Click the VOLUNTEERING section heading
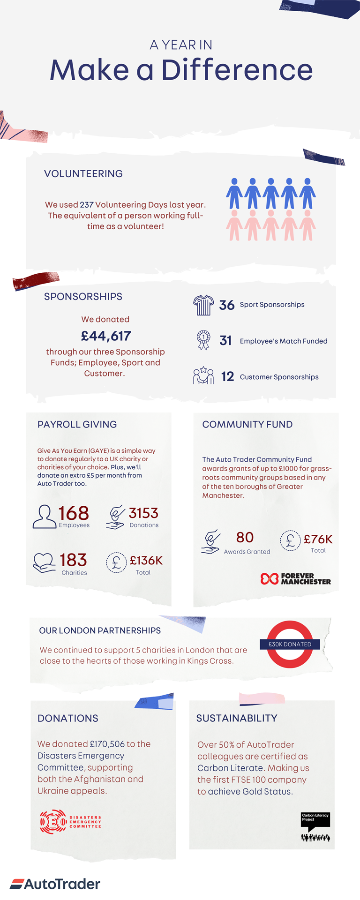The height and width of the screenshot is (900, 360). [83, 173]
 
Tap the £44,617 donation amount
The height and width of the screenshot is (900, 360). [106, 336]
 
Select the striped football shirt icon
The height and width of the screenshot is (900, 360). [203, 305]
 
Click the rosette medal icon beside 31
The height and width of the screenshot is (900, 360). [203, 340]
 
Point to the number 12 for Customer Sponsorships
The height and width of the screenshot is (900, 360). [227, 377]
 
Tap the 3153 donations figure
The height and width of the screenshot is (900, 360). [143, 513]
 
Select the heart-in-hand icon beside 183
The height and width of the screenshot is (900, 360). [44, 562]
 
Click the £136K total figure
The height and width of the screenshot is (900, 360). [146, 561]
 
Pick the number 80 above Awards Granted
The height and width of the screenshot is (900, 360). [245, 537]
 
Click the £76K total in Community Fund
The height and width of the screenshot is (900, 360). [318, 539]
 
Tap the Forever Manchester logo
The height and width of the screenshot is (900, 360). [296, 579]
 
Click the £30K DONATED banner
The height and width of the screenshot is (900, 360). [290, 644]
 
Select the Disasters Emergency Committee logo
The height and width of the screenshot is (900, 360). [70, 822]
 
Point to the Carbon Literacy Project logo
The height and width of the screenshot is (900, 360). [315, 826]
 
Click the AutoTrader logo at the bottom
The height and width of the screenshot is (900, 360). [55, 884]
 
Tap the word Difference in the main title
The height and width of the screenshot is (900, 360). [237, 70]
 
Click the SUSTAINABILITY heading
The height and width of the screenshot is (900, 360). [237, 718]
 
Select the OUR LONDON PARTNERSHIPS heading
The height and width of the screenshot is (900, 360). [100, 630]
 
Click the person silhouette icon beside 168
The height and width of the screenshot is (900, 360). [45, 517]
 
